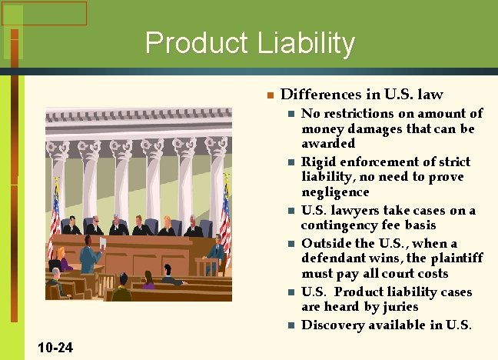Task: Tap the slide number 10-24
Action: (55, 348)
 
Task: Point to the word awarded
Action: (328, 144)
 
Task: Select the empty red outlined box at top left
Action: (44, 13)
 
